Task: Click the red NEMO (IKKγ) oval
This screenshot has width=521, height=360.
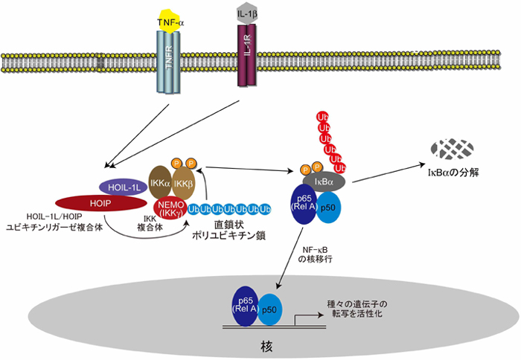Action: point(170,208)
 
